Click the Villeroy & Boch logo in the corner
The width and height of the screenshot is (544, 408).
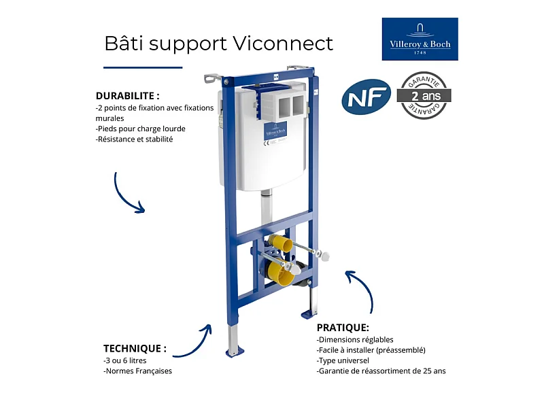point(420,39)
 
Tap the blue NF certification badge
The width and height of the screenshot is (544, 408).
point(366,97)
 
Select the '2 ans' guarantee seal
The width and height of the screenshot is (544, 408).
point(426,95)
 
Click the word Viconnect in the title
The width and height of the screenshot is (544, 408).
point(283,44)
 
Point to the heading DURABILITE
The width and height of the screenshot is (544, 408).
point(128,96)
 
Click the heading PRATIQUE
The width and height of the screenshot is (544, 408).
point(343,327)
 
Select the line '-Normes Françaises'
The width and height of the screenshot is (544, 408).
point(138,371)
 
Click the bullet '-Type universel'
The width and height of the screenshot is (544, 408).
point(343,360)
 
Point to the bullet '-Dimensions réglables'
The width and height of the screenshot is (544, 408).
point(355,339)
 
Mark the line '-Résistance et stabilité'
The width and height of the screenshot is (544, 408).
point(135,139)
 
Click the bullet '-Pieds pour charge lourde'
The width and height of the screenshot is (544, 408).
point(141,129)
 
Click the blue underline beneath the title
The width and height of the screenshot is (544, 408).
point(143,67)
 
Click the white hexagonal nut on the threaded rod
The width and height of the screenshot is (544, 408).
point(324,256)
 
